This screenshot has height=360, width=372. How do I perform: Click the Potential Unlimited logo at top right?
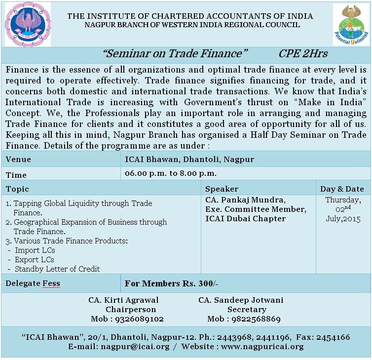[351, 25]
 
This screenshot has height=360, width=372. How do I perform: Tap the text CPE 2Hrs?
[303, 54]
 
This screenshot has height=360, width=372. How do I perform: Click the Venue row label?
[19, 159]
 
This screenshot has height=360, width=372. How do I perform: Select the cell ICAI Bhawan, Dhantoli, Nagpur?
[189, 159]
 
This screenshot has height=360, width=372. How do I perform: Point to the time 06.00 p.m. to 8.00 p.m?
[171, 173]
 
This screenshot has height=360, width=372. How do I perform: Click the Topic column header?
[18, 189]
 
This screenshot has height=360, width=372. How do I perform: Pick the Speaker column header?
[222, 189]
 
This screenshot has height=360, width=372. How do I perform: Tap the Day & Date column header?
[342, 189]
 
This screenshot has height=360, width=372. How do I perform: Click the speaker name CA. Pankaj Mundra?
[245, 200]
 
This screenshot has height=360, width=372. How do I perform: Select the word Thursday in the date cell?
[343, 200]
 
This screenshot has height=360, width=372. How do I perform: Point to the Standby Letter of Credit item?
[57, 269]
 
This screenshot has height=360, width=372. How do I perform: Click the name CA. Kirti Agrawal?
[124, 300]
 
